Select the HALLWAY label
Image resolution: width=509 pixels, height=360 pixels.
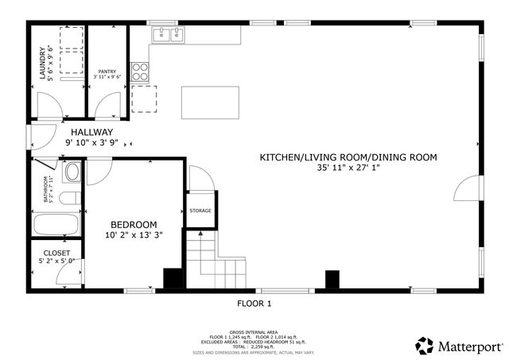click(91, 132)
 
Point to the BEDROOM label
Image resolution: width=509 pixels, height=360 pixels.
click(133, 224)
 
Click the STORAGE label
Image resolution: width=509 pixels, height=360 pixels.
click(200, 211)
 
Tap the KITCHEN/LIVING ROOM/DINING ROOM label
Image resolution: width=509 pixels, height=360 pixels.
click(348, 157)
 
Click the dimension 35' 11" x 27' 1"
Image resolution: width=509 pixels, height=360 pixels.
click(348, 168)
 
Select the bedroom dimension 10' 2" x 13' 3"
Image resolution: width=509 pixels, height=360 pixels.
click(133, 235)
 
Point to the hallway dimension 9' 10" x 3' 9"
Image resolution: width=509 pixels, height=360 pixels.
click(91, 143)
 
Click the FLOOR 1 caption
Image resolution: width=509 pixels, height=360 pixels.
click(254, 304)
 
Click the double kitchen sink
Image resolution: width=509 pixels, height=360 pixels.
click(168, 34)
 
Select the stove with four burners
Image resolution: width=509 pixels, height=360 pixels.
click(140, 71)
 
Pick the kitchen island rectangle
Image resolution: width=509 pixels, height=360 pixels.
click(210, 102)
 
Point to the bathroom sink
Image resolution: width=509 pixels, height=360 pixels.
click(72, 172)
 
